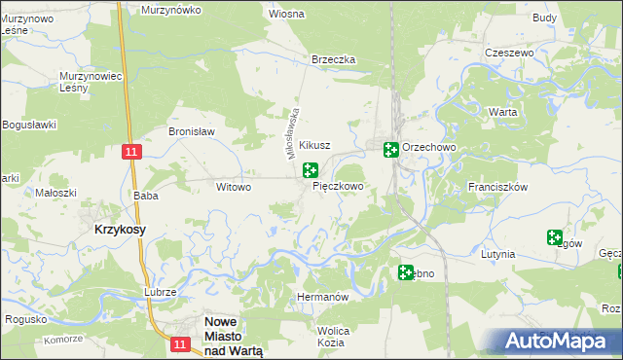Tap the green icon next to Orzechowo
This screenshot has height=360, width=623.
coord(390,149)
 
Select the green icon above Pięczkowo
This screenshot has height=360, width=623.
coord(311,170)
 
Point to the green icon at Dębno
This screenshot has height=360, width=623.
coord(405,273)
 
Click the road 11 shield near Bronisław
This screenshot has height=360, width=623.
coord(133,152)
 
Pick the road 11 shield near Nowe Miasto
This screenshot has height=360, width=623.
coord(178,343)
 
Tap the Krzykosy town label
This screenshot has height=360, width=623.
coord(121,229)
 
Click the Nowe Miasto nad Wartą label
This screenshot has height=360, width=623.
coord(233,336)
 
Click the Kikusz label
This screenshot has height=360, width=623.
coord(314,145)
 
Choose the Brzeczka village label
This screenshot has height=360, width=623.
coord(334,59)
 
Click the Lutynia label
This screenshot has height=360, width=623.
coord(497,254)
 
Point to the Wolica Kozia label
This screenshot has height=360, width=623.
coord(333,337)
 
